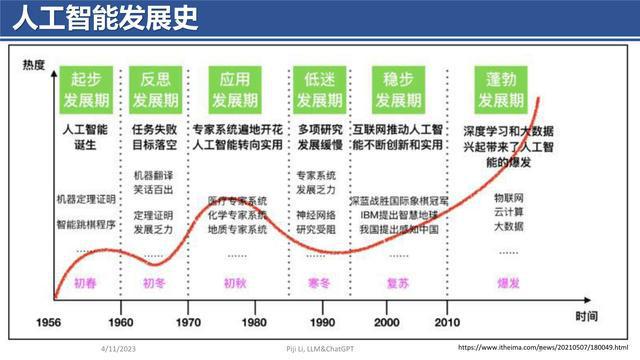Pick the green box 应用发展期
pos(235,90)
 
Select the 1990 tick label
pos(322,323)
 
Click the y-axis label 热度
pos(35,65)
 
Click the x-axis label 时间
pos(588,315)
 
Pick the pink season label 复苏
pos(397,283)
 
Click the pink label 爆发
pos(508,283)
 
